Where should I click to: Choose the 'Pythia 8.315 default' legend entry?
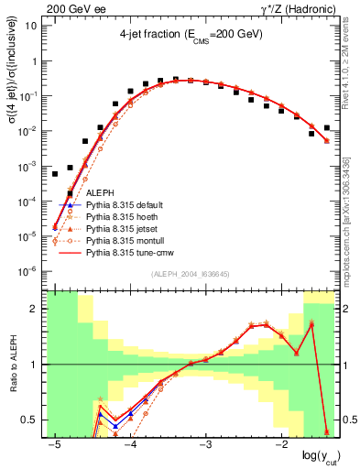127,206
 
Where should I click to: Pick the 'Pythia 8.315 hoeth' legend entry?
125,218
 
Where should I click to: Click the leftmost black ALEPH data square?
55,173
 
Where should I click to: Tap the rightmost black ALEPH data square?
327,128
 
